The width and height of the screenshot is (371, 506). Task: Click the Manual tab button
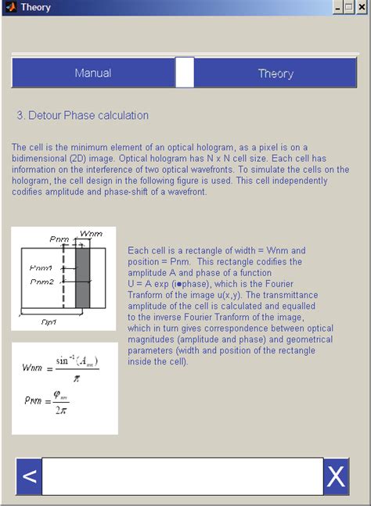click(93, 73)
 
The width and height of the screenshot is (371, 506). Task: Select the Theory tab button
click(276, 73)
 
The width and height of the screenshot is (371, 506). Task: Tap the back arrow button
click(29, 476)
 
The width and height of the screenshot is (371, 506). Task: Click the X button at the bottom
click(336, 476)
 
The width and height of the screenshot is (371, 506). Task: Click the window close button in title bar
click(362, 7)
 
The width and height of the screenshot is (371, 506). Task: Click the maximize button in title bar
click(349, 7)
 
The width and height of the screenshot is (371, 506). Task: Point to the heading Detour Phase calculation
click(82, 115)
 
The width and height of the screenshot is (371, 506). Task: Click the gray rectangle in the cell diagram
click(82, 278)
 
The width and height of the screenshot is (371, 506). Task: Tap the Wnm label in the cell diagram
click(92, 234)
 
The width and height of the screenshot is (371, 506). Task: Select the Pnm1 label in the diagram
click(41, 267)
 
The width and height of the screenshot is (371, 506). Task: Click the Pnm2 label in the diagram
click(41, 281)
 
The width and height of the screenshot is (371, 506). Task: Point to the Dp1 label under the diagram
click(49, 321)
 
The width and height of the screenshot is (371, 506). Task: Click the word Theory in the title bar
click(36, 7)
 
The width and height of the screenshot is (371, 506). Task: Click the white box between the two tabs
click(185, 73)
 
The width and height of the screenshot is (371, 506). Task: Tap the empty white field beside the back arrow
click(182, 476)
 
